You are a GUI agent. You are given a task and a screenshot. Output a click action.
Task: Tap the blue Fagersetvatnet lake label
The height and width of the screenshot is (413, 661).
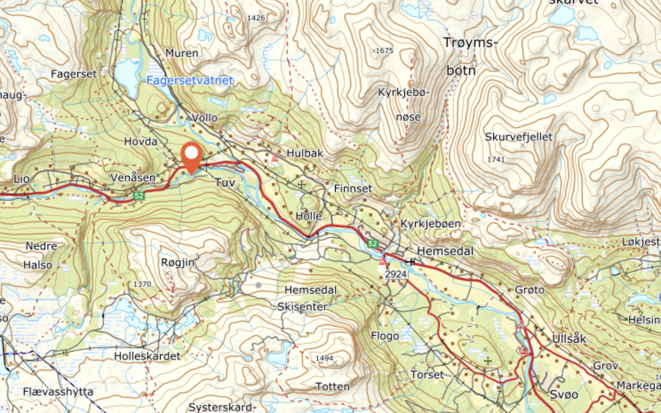pyautogui.click(x=190, y=81)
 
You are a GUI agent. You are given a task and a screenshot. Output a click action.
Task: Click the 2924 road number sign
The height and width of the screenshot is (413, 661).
pyautogui.click(x=396, y=275)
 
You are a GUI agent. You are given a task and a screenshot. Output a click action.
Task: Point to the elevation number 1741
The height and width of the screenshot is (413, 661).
pyautogui.click(x=495, y=160)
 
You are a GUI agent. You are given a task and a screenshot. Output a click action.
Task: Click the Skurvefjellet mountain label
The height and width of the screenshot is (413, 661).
pyautogui.click(x=518, y=137)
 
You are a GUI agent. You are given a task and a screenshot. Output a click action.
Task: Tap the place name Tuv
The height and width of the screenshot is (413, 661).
pyautogui.click(x=225, y=182)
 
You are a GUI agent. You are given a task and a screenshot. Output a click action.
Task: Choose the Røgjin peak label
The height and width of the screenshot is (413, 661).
pyautogui.click(x=178, y=262)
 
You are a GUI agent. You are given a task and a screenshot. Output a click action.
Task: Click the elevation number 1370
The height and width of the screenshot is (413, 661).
pyautogui.click(x=142, y=284)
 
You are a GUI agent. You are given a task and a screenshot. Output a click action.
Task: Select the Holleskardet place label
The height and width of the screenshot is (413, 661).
pyautogui.click(x=147, y=356)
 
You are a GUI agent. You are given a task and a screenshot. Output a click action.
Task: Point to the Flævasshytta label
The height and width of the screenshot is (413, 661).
pyautogui.click(x=58, y=392)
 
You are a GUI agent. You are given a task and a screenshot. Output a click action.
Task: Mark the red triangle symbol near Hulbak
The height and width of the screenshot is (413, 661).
pyautogui.click(x=275, y=157)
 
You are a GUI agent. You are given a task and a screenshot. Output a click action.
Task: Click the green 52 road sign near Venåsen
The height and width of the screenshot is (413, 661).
pyautogui.click(x=138, y=196)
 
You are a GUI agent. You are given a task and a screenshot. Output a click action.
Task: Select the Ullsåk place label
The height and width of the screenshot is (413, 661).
pyautogui.click(x=569, y=339)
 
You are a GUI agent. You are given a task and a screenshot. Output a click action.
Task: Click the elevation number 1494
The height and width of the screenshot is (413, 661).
pyautogui.click(x=324, y=358)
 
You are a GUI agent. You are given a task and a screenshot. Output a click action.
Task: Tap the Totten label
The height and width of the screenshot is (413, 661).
pyautogui.click(x=333, y=386)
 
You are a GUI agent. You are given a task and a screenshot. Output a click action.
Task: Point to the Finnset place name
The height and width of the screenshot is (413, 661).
pyautogui.click(x=353, y=188)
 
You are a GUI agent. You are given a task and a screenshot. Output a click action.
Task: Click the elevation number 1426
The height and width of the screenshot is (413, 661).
pyautogui.click(x=256, y=18)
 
